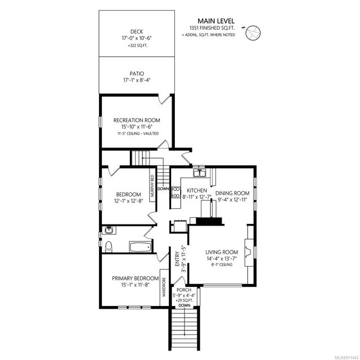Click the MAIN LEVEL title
(x=216, y=21)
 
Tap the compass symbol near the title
(x=253, y=33)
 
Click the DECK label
(x=137, y=31)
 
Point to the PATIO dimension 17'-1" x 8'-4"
(x=137, y=80)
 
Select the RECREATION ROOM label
(x=137, y=120)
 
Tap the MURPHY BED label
(x=152, y=186)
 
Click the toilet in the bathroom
(x=109, y=246)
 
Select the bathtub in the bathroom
(x=140, y=246)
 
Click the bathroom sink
(x=109, y=230)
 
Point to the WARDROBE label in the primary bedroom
(x=164, y=287)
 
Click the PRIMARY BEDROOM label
(x=135, y=278)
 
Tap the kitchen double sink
(x=200, y=173)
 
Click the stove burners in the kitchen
(x=175, y=192)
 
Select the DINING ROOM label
(x=232, y=193)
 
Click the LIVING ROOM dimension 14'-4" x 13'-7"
(x=222, y=259)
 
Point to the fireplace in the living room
(x=249, y=253)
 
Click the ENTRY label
(x=178, y=259)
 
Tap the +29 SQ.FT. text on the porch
(x=184, y=300)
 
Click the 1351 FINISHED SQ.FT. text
(x=212, y=28)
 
